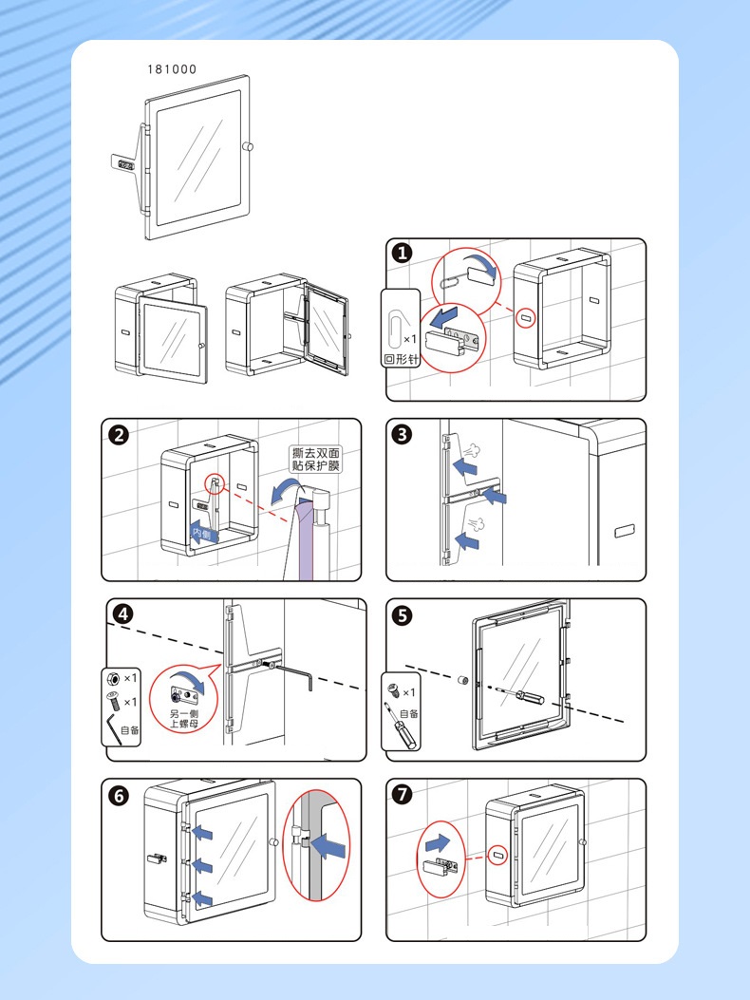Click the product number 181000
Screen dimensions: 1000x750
(x=173, y=69)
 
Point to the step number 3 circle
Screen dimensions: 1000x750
(x=403, y=435)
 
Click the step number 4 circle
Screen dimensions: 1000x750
(x=122, y=613)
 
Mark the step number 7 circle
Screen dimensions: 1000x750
(x=403, y=796)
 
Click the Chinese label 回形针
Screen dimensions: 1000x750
(x=401, y=361)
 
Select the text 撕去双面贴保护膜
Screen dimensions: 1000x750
(x=315, y=460)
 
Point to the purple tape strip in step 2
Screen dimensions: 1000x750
(x=305, y=541)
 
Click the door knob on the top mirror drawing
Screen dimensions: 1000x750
(x=249, y=147)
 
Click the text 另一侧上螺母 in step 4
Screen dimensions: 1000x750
(x=184, y=719)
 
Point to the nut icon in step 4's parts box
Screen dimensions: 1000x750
(x=113, y=678)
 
